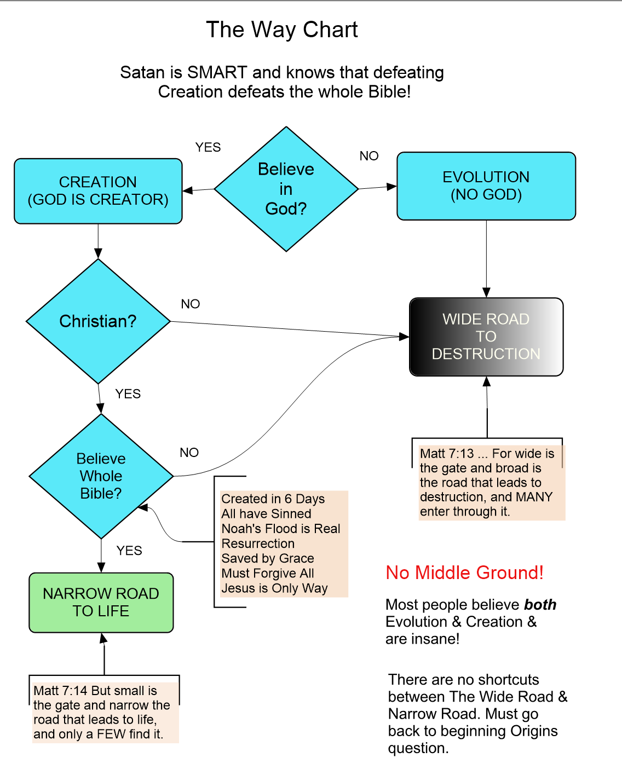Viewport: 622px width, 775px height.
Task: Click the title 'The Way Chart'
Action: (281, 30)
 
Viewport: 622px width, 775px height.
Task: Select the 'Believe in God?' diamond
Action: (286, 189)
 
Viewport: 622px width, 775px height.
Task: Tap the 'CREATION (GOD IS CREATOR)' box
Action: (98, 191)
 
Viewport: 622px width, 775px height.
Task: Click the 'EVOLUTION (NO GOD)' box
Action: (486, 186)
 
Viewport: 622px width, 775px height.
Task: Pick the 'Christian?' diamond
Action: (98, 321)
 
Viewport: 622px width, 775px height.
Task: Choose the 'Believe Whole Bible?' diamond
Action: (101, 476)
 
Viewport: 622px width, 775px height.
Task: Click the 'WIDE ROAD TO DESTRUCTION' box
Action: (486, 337)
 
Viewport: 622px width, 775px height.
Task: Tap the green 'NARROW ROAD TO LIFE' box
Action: (101, 603)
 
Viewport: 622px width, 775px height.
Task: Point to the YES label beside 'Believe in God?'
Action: (208, 147)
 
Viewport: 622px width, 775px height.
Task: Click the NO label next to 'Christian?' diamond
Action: (191, 304)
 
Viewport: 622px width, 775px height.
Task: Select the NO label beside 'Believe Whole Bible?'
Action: (189, 453)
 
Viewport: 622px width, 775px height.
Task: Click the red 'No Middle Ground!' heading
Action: (464, 572)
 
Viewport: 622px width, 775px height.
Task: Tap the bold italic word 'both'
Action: (540, 605)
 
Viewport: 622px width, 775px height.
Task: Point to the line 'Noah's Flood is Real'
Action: (281, 529)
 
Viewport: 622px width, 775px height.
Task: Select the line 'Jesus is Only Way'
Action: (274, 588)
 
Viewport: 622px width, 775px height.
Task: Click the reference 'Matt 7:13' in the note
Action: (447, 454)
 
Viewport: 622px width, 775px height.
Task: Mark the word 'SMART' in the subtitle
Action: (217, 72)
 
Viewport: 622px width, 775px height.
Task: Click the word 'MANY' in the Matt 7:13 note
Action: (534, 497)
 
